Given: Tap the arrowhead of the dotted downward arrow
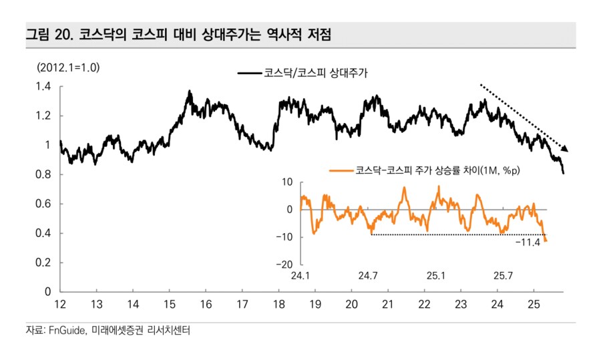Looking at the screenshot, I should point(566,149).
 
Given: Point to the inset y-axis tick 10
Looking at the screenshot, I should point(288,182).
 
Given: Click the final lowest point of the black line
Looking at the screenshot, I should point(564,174).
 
